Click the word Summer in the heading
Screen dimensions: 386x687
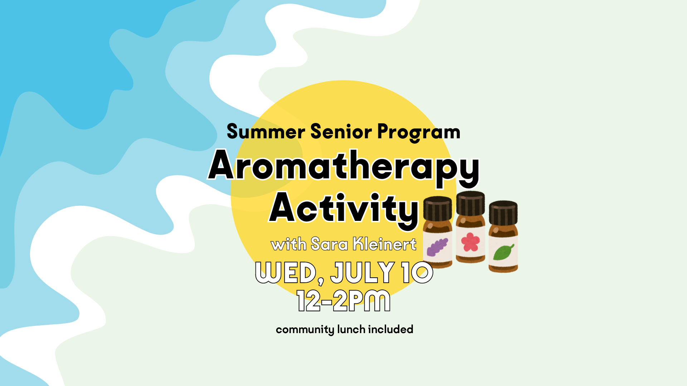266,132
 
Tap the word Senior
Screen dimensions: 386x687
341,132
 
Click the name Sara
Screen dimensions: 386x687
329,244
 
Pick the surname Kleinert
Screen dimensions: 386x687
385,244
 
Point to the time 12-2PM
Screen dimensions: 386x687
343,301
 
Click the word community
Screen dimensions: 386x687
305,329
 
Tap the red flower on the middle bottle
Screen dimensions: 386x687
470,242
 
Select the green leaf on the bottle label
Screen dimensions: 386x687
503,252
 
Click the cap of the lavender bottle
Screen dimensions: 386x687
438,208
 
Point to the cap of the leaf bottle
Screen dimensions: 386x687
503,213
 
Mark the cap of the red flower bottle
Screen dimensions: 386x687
471,203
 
